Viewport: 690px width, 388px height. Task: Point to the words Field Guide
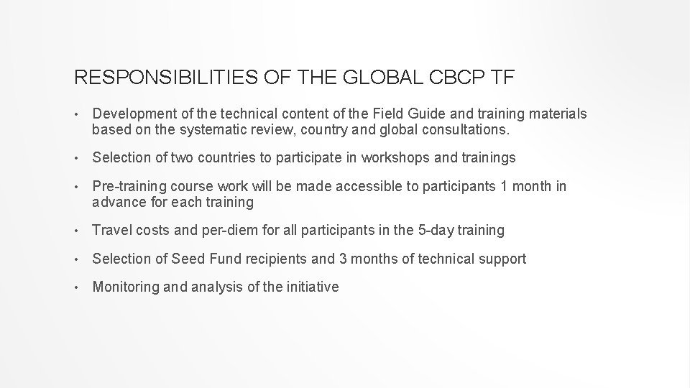point(413,114)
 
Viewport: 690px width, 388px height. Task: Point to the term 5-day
point(434,231)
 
